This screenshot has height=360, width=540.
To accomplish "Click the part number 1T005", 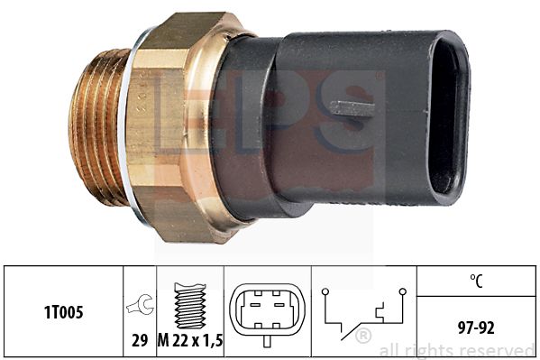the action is tap(64, 312).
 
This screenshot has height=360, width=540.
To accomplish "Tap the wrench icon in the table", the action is tap(140, 304).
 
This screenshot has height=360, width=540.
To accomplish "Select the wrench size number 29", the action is tap(140, 340).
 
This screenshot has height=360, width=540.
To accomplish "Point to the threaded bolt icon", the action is tap(189, 306).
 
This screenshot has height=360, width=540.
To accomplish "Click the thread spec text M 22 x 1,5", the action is tap(190, 341).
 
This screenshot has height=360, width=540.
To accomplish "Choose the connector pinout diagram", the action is tap(267, 310).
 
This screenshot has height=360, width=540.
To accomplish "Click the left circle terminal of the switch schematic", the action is tap(325, 292).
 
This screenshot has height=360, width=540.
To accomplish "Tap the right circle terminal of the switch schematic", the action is tap(402, 292).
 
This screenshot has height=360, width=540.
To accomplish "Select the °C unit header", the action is tap(476, 281).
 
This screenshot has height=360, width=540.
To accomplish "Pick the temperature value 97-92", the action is tap(476, 328).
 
